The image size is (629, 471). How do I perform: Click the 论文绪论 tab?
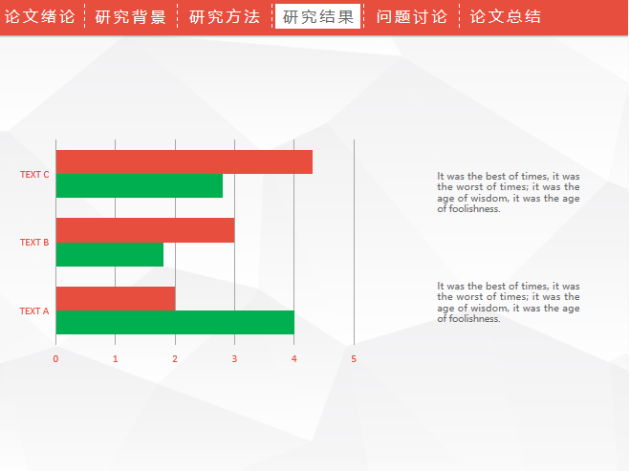click(40, 17)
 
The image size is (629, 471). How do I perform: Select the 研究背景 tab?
click(130, 17)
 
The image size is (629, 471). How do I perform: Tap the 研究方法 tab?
click(225, 17)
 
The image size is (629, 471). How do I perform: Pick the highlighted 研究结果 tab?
click(317, 16)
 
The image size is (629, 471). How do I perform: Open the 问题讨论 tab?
click(412, 17)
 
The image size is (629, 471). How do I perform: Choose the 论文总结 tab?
click(506, 17)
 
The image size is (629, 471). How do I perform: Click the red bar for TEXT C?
click(184, 162)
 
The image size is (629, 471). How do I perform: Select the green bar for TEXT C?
click(140, 185)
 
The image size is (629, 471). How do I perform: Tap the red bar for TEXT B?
click(145, 230)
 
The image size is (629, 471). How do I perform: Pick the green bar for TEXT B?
click(110, 254)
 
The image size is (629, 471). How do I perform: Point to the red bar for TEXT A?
click(116, 299)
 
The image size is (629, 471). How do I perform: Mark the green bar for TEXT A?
click(175, 322)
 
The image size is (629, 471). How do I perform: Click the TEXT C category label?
click(34, 175)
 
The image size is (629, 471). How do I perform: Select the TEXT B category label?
click(34, 242)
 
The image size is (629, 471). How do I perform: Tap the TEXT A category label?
click(34, 311)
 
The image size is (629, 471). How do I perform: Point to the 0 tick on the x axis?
click(55, 359)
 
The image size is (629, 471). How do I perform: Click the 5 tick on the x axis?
click(354, 359)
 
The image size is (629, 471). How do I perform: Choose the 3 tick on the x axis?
click(234, 359)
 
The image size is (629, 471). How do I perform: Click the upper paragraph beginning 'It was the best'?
click(509, 192)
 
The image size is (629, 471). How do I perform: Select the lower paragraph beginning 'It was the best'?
click(509, 302)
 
